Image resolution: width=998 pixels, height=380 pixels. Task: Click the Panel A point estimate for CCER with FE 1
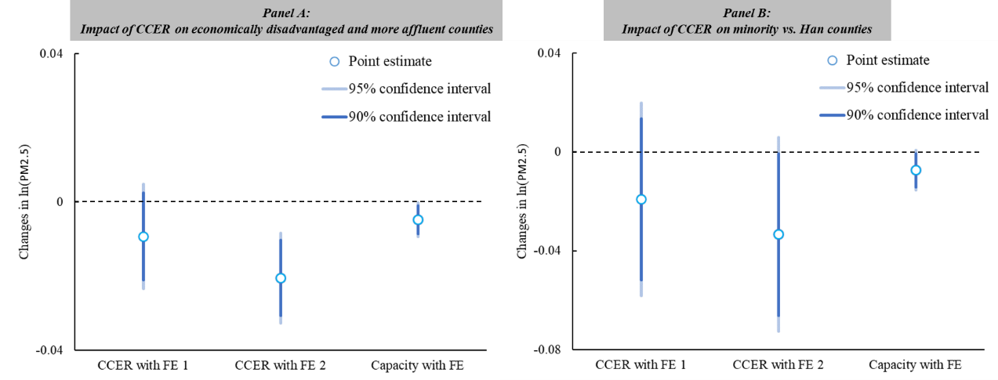click(143, 237)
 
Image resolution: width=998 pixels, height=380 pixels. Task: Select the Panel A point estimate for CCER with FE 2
click(281, 278)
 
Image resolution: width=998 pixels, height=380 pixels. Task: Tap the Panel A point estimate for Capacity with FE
click(418, 220)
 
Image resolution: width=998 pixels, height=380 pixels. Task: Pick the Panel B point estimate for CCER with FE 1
click(641, 199)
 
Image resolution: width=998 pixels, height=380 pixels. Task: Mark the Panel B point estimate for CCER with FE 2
click(778, 234)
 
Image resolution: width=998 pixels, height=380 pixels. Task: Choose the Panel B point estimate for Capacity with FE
click(916, 170)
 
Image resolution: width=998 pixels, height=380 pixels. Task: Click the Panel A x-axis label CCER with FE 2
click(281, 365)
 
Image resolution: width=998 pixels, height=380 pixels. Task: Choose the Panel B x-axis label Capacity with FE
click(915, 365)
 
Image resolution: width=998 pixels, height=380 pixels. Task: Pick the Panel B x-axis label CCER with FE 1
click(641, 365)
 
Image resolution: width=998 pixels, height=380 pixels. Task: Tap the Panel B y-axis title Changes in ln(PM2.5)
click(523, 201)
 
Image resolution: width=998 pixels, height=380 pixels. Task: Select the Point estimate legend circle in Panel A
click(335, 61)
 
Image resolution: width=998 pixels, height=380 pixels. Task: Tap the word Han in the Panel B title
click(826, 30)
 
